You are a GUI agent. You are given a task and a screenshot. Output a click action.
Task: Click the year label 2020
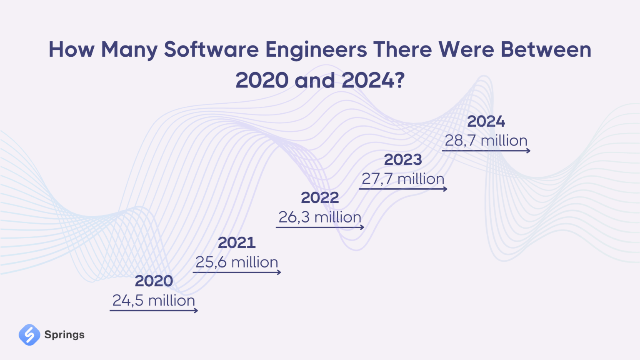(154, 281)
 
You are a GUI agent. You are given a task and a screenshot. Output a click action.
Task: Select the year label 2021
(237, 242)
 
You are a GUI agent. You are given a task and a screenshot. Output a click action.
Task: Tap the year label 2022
(320, 197)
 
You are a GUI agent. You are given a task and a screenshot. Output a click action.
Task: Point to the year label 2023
(403, 160)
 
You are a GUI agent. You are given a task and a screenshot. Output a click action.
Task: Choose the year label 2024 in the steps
(486, 121)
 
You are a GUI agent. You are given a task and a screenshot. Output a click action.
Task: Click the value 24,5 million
(154, 300)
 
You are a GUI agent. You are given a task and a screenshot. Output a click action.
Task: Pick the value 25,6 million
(237, 262)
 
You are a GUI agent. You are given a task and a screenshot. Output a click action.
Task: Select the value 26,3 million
(320, 217)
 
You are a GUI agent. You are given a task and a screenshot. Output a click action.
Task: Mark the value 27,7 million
(403, 179)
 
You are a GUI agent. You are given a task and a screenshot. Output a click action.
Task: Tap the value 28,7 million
(486, 140)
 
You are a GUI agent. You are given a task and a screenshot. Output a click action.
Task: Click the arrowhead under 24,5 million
(196, 310)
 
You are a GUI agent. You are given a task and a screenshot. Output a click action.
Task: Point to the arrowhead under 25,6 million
(279, 272)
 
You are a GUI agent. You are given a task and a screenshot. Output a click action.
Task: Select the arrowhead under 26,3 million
(362, 227)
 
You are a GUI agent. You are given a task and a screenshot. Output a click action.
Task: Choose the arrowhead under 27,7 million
(445, 189)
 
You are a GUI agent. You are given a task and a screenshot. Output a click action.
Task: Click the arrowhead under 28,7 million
(528, 151)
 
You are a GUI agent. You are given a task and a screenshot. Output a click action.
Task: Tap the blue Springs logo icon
(29, 335)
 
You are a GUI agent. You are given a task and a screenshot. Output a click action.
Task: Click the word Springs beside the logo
(64, 335)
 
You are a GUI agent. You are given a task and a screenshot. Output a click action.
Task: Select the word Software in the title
(211, 50)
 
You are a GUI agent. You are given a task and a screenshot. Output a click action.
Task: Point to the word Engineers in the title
(316, 50)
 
